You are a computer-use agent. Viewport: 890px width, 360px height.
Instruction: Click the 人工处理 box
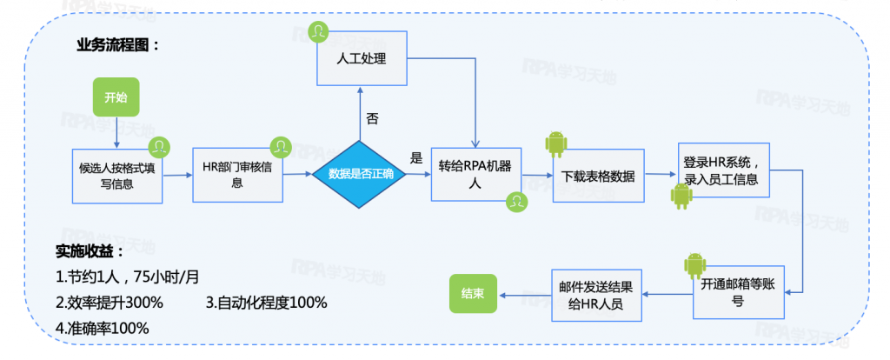coord(361,59)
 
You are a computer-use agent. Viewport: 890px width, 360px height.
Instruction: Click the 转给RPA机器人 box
coord(475,174)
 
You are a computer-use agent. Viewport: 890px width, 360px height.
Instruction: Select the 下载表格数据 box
coord(598,177)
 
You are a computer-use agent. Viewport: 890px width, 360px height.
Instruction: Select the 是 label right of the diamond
coord(415,158)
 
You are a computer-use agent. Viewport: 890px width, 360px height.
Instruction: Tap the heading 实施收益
coord(90,252)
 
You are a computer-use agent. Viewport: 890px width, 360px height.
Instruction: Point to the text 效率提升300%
coord(109,303)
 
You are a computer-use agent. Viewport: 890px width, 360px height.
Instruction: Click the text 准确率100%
coord(102,328)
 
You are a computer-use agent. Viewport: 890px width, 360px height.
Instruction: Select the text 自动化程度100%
coord(267,303)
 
